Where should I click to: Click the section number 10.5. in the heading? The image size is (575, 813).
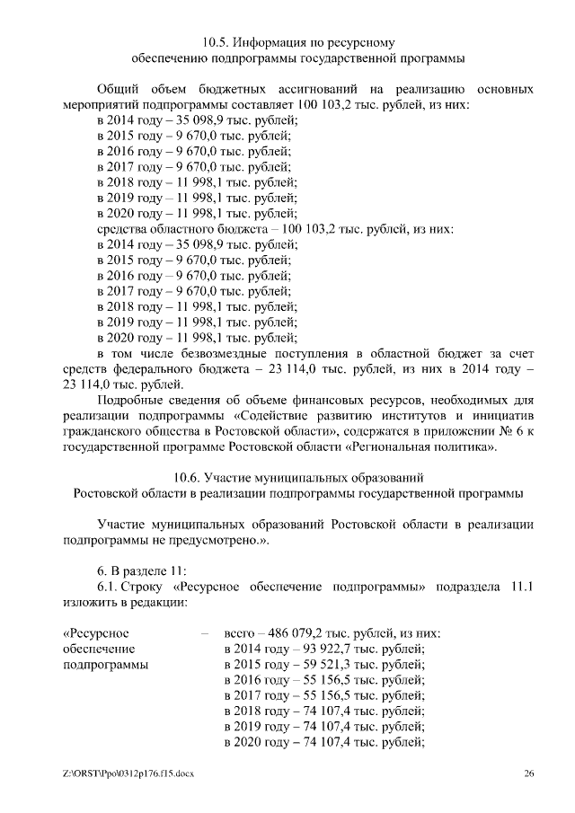[x=217, y=41]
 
